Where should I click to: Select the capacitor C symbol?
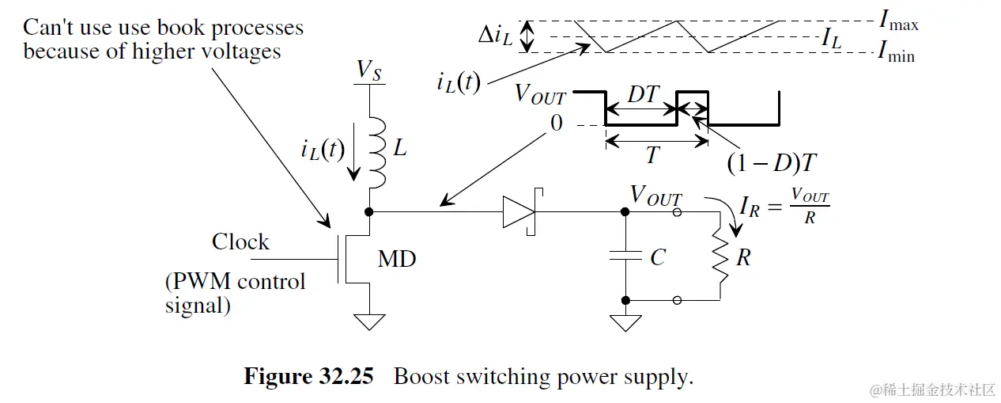click(625, 256)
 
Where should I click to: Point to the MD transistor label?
click(397, 259)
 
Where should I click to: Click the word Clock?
click(240, 241)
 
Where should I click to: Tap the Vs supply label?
click(368, 70)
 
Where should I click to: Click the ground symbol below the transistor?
click(369, 322)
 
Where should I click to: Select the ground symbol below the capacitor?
click(625, 323)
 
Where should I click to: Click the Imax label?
click(899, 21)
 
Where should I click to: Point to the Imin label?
click(896, 52)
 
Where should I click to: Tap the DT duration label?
click(643, 94)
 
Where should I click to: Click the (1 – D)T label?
click(772, 163)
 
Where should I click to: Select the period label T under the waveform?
click(652, 155)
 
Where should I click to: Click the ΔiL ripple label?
click(495, 34)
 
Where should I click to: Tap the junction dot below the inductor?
click(369, 211)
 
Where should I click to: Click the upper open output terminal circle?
click(677, 212)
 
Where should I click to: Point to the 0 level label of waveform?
click(557, 123)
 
